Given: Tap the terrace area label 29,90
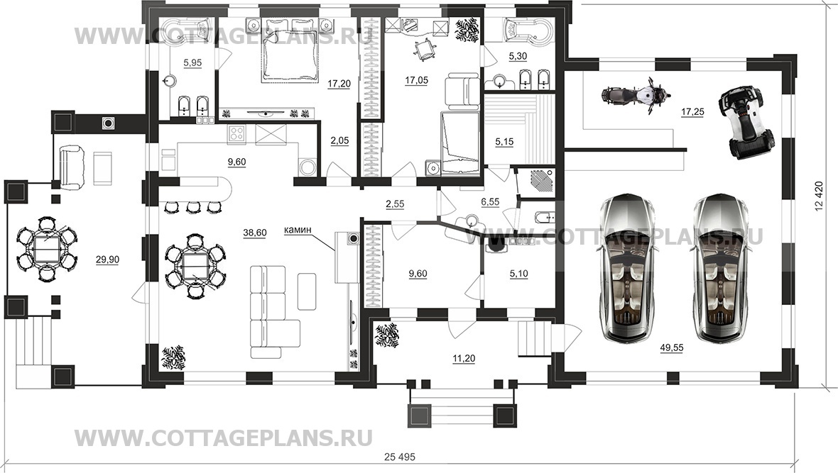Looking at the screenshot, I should [108, 260].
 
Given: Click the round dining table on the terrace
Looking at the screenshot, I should [47, 251].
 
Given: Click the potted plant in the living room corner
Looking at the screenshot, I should [173, 357].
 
